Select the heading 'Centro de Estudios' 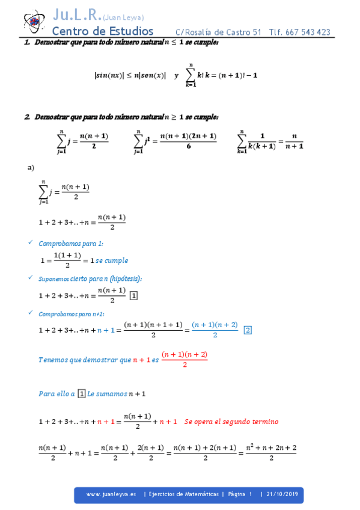click(x=103, y=31)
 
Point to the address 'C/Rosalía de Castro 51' click(x=218, y=32)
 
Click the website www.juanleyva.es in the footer click(x=111, y=494)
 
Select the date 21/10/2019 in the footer click(x=282, y=494)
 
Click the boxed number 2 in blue click(x=248, y=330)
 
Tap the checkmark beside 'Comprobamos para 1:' click(x=31, y=243)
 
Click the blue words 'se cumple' click(x=112, y=260)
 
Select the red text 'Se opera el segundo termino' click(x=231, y=422)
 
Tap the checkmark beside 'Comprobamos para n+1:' click(x=31, y=313)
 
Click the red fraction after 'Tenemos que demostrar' click(x=185, y=359)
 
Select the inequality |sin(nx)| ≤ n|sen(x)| click(x=130, y=75)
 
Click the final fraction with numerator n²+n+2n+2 click(x=272, y=452)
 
